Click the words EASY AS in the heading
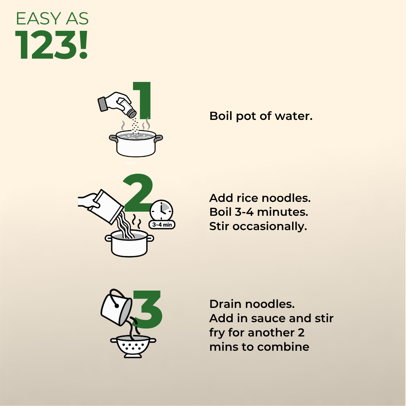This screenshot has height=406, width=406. (x=52, y=19)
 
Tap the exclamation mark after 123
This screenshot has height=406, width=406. (x=83, y=44)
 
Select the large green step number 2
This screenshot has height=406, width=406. (x=138, y=192)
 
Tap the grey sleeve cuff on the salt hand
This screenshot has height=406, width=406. (x=103, y=104)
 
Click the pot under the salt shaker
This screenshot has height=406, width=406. (x=136, y=144)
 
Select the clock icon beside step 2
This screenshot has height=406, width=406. (x=161, y=210)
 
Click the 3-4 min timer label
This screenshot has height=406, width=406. (x=162, y=224)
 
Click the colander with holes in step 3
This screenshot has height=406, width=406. (x=133, y=347)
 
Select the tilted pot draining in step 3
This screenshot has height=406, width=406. (x=117, y=308)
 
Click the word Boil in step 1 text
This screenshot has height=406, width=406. (x=221, y=116)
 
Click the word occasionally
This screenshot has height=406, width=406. (x=270, y=227)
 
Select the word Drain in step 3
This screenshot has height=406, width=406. (x=225, y=304)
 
